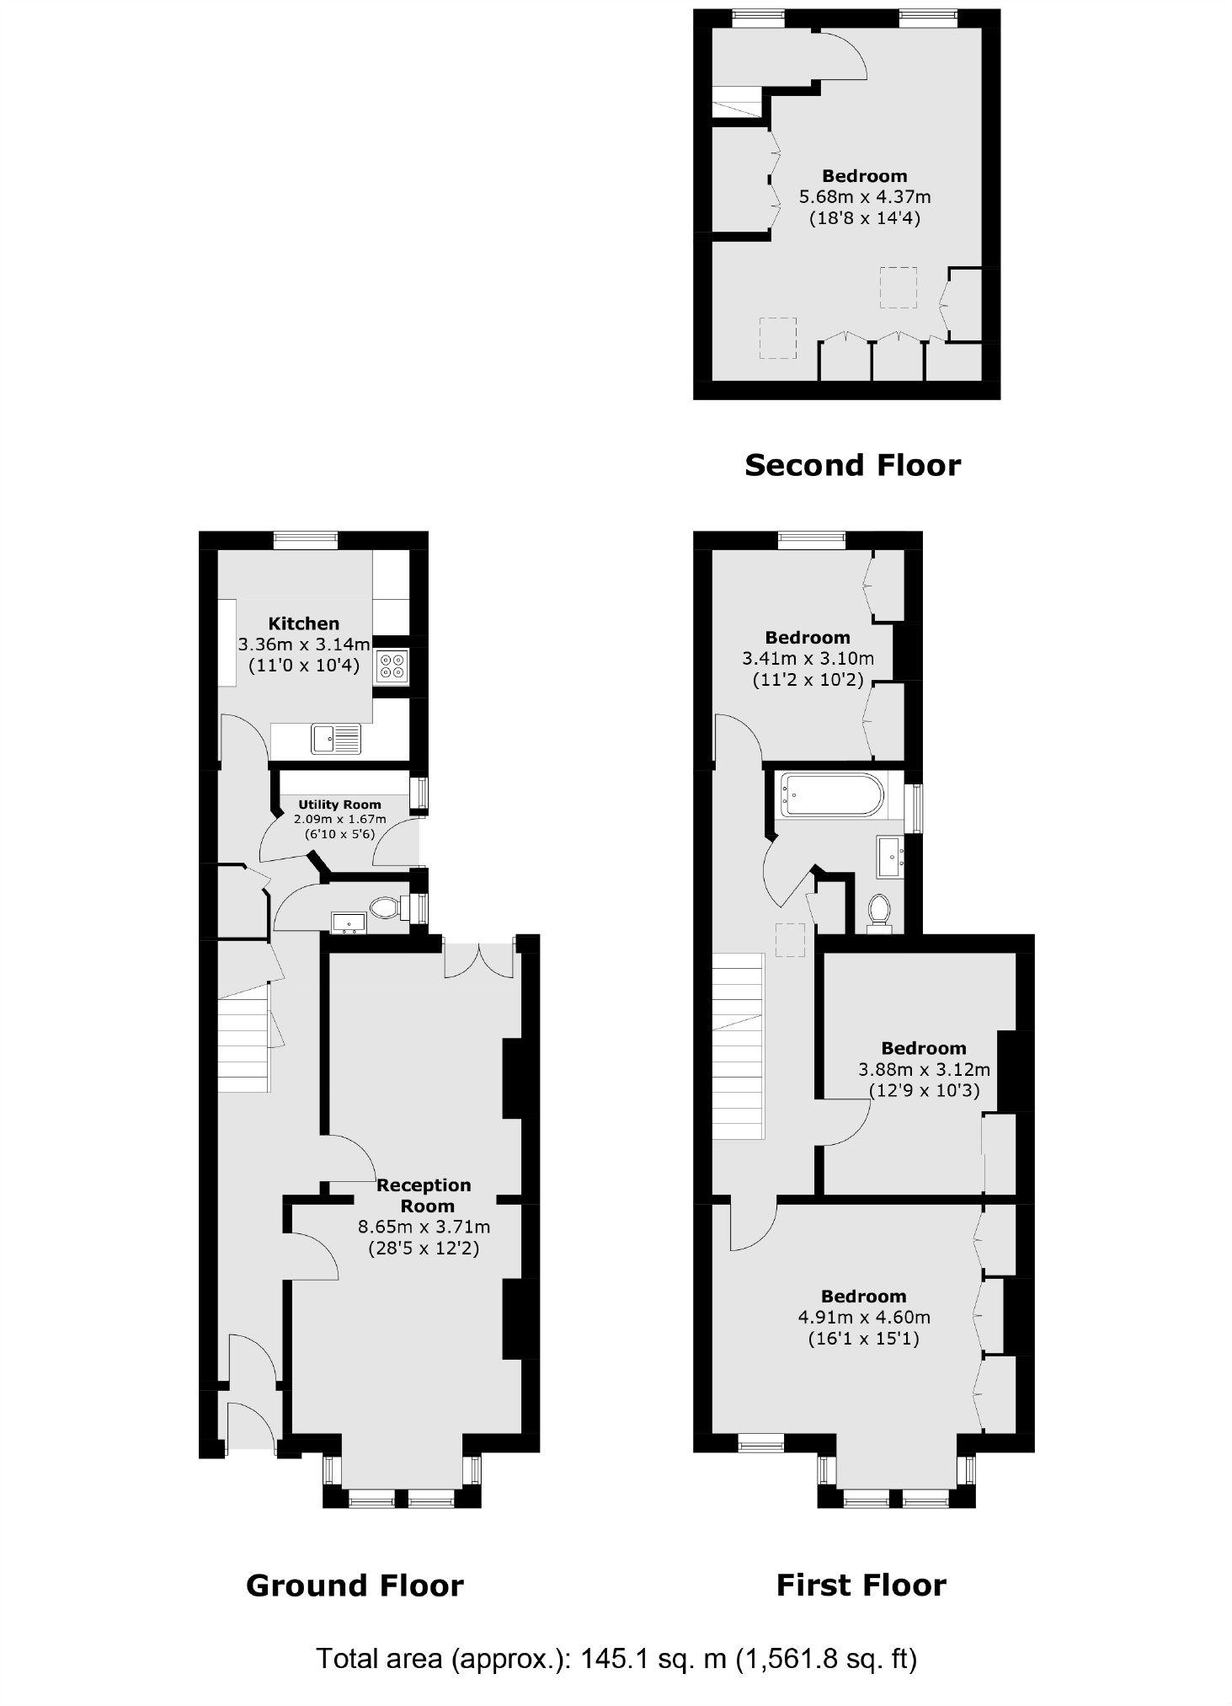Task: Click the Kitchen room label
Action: [x=303, y=623]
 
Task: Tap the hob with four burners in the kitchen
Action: [x=392, y=666]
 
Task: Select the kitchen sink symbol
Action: [x=335, y=739]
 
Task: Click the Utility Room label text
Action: [x=339, y=805]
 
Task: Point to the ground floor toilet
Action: [x=386, y=907]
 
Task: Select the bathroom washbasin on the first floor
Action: [x=890, y=856]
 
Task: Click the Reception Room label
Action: [x=424, y=1195]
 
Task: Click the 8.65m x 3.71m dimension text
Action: [x=424, y=1227]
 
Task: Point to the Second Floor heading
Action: [x=852, y=465]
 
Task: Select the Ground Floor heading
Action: [x=355, y=1586]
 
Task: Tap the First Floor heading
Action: [x=861, y=1586]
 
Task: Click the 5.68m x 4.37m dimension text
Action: [x=864, y=197]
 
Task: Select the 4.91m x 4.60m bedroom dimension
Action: [x=864, y=1317]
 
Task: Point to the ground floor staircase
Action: [x=244, y=1045]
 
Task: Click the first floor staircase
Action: [x=739, y=1045]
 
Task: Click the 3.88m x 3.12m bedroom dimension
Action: [x=924, y=1070]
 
